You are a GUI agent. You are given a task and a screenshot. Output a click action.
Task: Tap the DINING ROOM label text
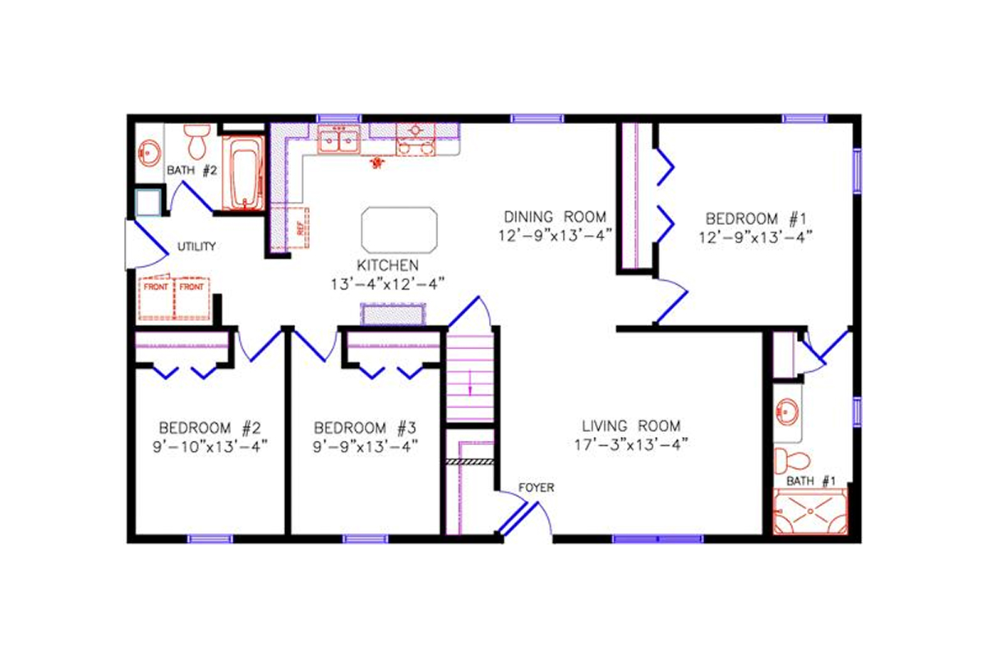pyautogui.click(x=555, y=217)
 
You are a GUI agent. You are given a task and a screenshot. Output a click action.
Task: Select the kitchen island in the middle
pyautogui.click(x=399, y=230)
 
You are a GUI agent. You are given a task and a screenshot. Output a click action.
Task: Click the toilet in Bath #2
pyautogui.click(x=197, y=142)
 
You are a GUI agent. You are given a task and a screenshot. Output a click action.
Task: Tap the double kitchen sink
pyautogui.click(x=339, y=141)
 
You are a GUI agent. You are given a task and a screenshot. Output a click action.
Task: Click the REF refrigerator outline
pyautogui.click(x=294, y=227)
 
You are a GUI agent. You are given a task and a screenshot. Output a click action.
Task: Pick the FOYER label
pyautogui.click(x=537, y=488)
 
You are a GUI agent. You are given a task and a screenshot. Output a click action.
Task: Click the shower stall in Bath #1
pyautogui.click(x=810, y=511)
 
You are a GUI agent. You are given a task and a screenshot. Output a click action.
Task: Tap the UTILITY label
pyautogui.click(x=196, y=246)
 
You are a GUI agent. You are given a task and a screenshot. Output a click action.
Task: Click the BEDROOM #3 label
pyautogui.click(x=366, y=428)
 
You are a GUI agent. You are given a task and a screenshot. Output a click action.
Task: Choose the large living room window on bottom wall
pyautogui.click(x=657, y=539)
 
